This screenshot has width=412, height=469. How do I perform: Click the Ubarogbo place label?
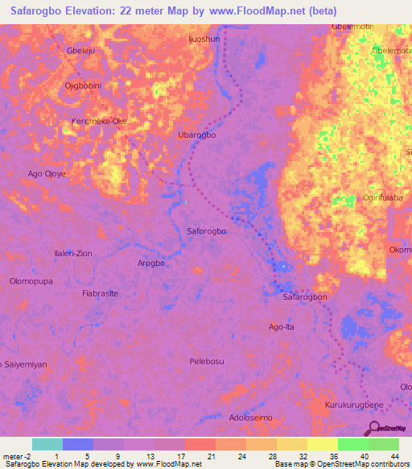tap(196, 135)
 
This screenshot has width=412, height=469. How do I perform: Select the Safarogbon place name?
tap(305, 297)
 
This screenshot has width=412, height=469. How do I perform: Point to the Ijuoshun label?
tap(203, 38)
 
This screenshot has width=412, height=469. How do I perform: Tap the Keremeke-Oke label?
tap(100, 121)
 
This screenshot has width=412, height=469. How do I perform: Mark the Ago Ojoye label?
tap(47, 173)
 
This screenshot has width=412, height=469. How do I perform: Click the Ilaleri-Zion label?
tap(72, 253)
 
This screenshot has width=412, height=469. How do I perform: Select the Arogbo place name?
tap(150, 264)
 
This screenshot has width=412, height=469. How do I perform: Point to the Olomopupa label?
tap(31, 281)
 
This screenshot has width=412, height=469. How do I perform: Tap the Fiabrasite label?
tap(100, 293)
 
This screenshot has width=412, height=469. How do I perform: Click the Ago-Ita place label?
tap(282, 326)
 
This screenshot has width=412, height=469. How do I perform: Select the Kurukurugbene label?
tap(353, 403)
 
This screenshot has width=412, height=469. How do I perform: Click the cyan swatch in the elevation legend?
tap(47, 444)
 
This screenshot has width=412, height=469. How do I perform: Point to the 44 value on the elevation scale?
tap(394, 457)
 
